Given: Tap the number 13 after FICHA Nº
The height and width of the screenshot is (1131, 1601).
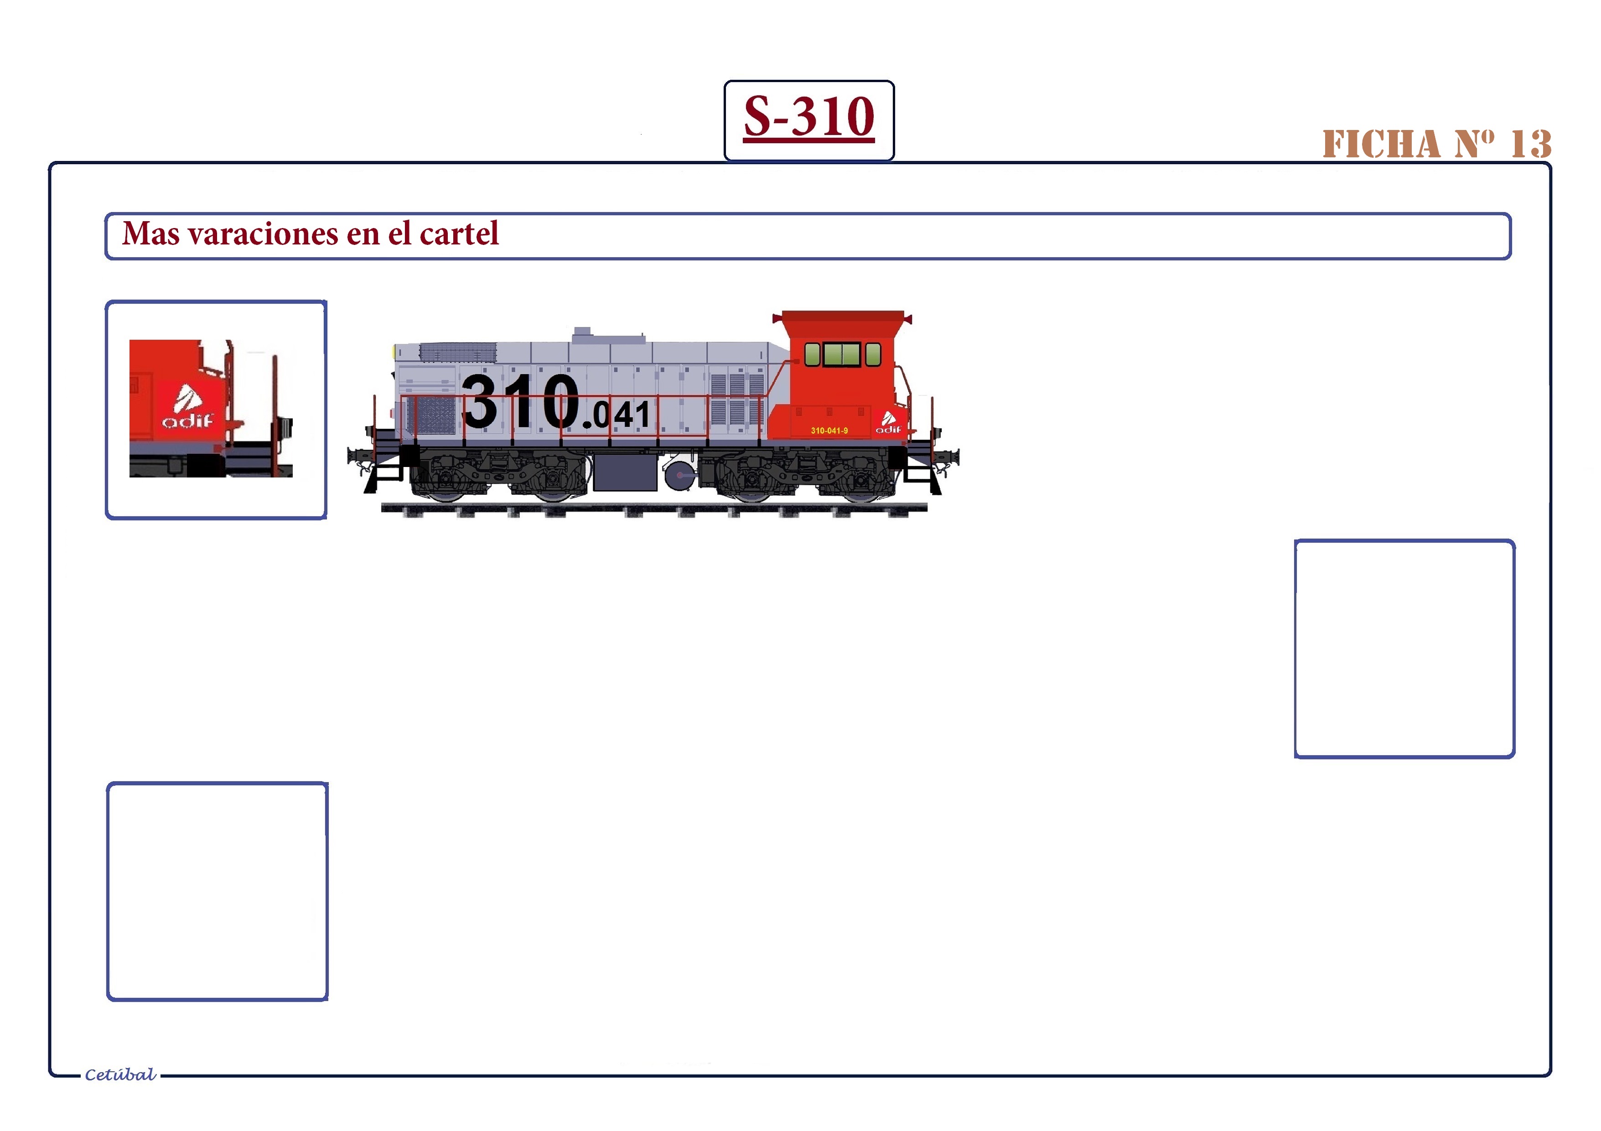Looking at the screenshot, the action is (x=1531, y=144).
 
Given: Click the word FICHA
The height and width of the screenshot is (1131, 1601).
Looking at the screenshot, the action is (x=1381, y=144).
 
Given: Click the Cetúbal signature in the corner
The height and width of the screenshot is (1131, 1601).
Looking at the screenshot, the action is (x=120, y=1074).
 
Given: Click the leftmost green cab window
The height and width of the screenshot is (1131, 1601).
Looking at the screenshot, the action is (x=812, y=354).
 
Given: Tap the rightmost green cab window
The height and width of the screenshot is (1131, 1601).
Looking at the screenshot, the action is (x=873, y=354).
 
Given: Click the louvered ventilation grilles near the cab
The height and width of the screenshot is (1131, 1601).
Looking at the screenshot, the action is (x=737, y=399).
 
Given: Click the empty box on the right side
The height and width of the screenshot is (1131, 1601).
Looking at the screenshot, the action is (x=1404, y=649).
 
